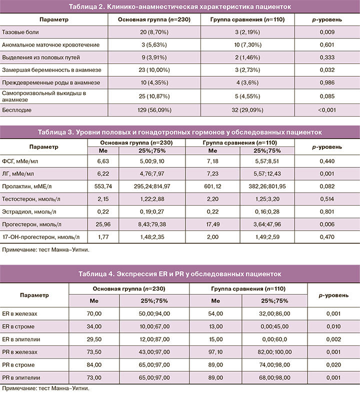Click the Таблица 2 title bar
point(180,6)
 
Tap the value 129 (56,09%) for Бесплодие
point(153,109)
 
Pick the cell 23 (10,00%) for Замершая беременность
point(153,69)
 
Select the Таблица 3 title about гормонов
point(180,132)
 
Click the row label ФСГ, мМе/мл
point(19,160)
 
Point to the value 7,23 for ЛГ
point(212,173)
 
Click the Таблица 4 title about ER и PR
point(180,273)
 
